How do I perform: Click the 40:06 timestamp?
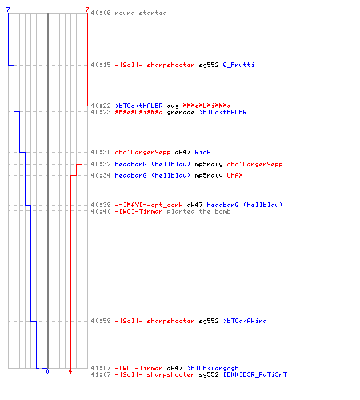(x=101, y=13)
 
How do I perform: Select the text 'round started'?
(x=141, y=13)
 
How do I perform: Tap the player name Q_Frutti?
(x=238, y=65)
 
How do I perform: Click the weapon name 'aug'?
(x=173, y=106)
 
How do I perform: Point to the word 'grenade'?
(x=181, y=113)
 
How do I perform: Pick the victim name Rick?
(x=202, y=152)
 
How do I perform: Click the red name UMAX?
(x=234, y=175)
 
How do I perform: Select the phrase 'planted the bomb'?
(x=198, y=211)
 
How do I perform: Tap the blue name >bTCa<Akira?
(x=245, y=321)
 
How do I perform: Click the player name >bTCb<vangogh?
(x=213, y=368)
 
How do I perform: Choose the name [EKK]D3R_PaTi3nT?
(x=255, y=374)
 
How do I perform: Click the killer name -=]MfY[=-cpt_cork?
(x=149, y=205)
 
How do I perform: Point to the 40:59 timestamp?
(x=101, y=321)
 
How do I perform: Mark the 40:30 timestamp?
(x=101, y=152)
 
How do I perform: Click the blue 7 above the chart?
(x=8, y=10)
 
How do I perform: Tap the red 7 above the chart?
(x=87, y=10)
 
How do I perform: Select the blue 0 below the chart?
(x=47, y=371)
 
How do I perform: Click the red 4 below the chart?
(x=70, y=371)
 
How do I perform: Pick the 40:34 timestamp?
(x=101, y=175)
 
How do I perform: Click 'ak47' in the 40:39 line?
(x=194, y=205)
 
